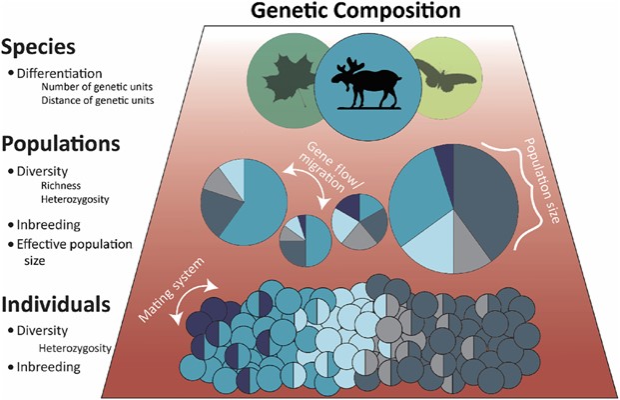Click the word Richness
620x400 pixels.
tap(63, 185)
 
